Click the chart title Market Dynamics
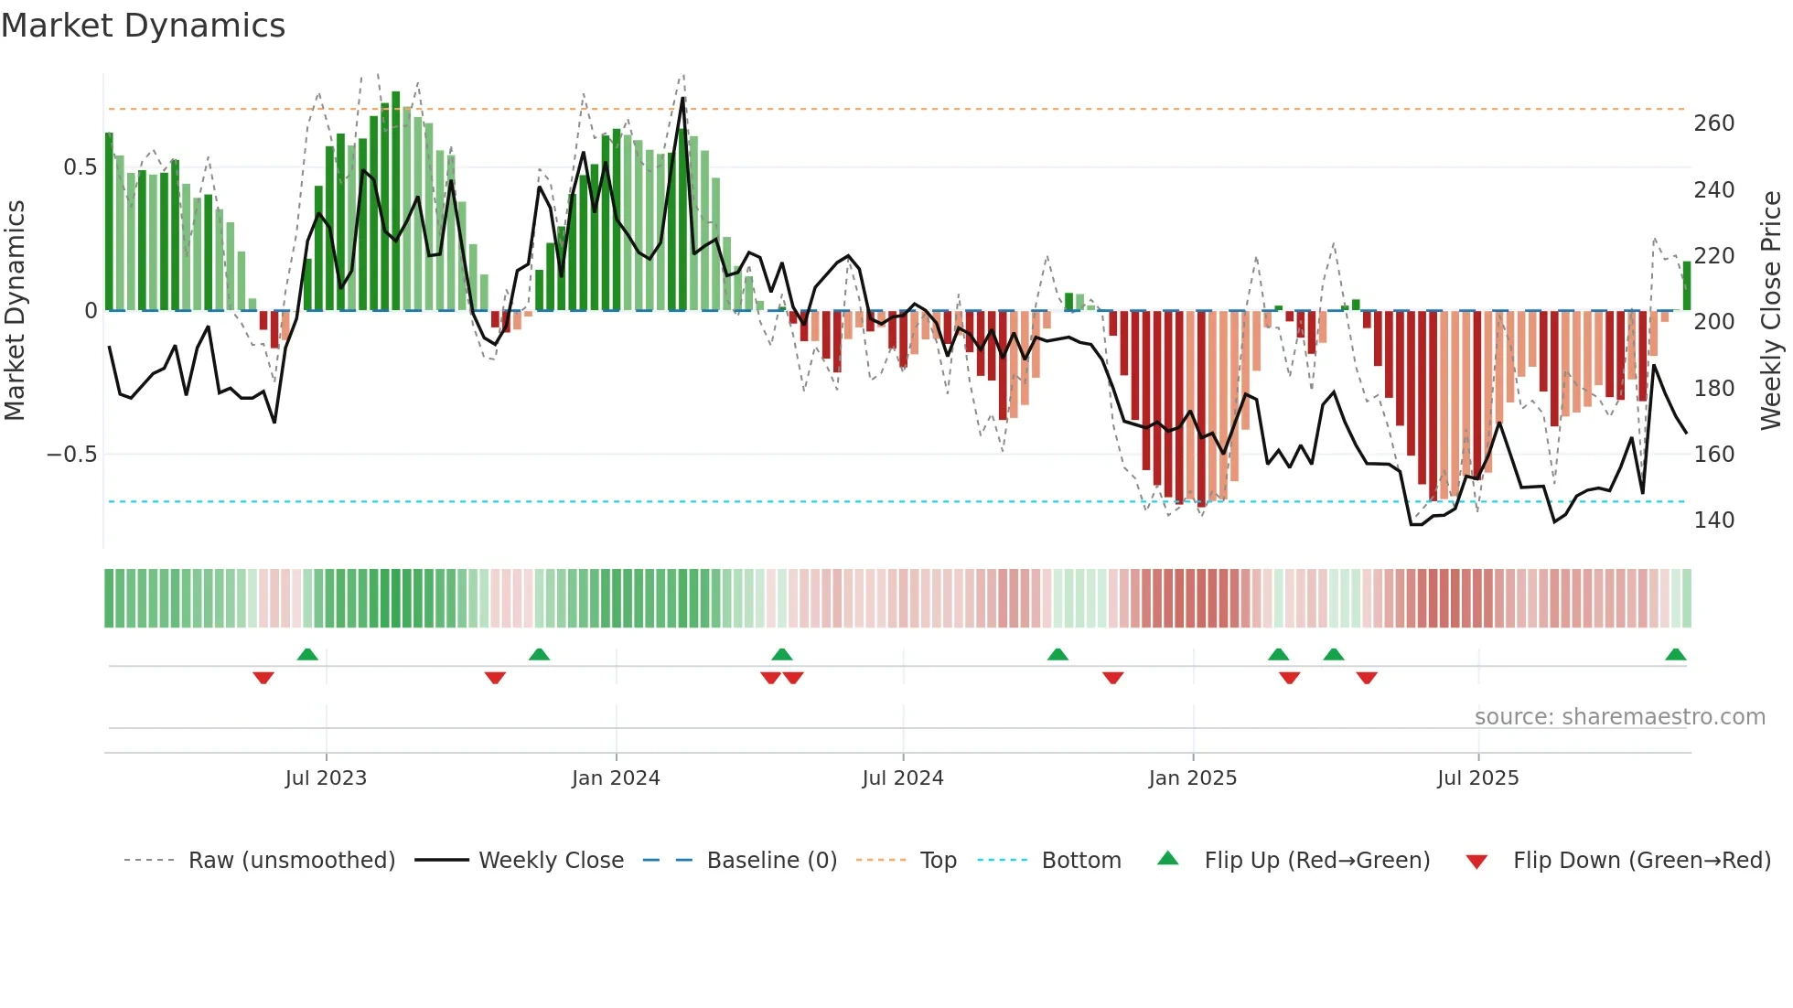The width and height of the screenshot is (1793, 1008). click(x=143, y=26)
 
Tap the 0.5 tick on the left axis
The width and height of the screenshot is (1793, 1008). click(x=80, y=167)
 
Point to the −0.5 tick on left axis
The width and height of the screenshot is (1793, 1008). click(x=72, y=455)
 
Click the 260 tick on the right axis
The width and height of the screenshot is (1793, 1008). click(x=1713, y=123)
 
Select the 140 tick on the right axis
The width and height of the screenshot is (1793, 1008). click(x=1713, y=520)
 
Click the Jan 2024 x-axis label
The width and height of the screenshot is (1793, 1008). click(x=616, y=778)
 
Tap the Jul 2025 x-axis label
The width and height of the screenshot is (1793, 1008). click(x=1477, y=778)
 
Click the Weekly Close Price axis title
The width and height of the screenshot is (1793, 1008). click(x=1771, y=311)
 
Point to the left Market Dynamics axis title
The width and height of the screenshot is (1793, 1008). click(x=15, y=311)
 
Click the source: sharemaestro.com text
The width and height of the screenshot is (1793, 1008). click(x=1619, y=717)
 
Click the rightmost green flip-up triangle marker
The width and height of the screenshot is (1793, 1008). click(x=1675, y=655)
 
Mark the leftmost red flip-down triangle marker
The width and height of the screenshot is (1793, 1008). click(x=263, y=678)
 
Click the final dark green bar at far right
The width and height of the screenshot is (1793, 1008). click(x=1686, y=286)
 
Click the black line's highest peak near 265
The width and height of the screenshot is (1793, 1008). click(x=682, y=99)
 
